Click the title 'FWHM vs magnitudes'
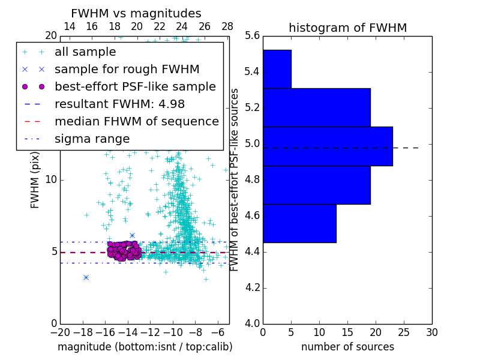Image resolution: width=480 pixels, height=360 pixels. pos(136,13)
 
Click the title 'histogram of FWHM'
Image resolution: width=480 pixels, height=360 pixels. pos(347,28)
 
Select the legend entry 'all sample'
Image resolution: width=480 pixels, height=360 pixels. pos(85,52)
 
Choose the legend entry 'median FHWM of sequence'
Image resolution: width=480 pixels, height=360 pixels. pos(136,121)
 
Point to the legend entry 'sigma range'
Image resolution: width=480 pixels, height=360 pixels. pos(92,139)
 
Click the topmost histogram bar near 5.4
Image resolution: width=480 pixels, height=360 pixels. pos(277,69)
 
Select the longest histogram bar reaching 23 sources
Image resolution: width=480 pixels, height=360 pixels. pos(328,146)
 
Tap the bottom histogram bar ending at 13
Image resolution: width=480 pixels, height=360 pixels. pos(299,223)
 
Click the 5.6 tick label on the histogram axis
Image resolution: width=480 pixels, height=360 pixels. pos(253,36)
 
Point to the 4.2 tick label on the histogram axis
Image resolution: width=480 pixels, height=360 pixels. pos(253,287)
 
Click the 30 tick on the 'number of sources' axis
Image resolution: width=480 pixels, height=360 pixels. pos(431,332)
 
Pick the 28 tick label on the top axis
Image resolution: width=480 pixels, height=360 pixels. pos(227,27)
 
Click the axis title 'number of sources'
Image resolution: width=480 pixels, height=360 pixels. pos(347,347)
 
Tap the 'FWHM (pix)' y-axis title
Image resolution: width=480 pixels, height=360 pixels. pos(35,179)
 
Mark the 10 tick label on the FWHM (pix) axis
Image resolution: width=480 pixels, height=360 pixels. pos(50,180)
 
